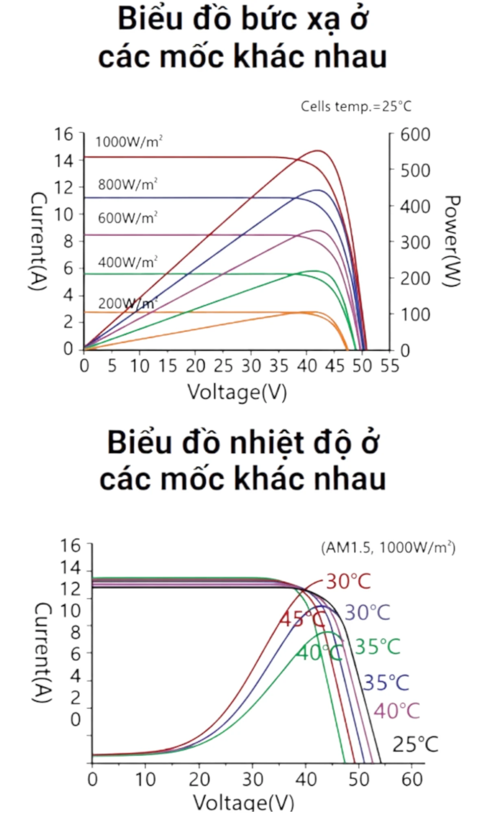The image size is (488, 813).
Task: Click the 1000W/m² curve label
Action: tap(129, 142)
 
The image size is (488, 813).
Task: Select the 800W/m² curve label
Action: tap(127, 185)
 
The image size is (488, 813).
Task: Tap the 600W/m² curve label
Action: tap(127, 218)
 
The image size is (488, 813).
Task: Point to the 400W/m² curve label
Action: tap(127, 262)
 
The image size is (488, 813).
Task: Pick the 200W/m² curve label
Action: tap(127, 303)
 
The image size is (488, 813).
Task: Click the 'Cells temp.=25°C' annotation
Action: tap(356, 107)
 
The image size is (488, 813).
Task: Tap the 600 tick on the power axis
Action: tap(415, 135)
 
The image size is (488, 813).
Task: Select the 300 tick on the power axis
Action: tap(415, 243)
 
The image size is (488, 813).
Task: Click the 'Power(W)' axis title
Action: tap(451, 241)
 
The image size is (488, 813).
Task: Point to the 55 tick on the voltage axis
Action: tap(390, 366)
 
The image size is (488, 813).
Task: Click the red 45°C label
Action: tap(302, 620)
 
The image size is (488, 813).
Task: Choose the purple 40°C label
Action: tap(396, 711)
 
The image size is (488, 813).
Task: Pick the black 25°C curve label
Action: tap(415, 745)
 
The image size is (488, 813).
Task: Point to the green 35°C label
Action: tap(377, 647)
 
